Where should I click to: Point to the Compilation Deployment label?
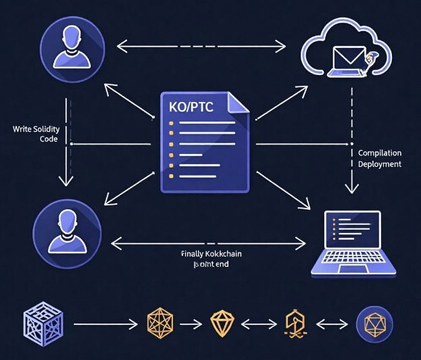pyautogui.click(x=379, y=159)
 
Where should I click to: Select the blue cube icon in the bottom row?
pyautogui.click(x=42, y=324)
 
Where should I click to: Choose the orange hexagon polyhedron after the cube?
pyautogui.click(x=161, y=324)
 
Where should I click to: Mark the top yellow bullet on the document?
pyautogui.click(x=171, y=123)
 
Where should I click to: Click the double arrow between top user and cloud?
pyautogui.click(x=201, y=46)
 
